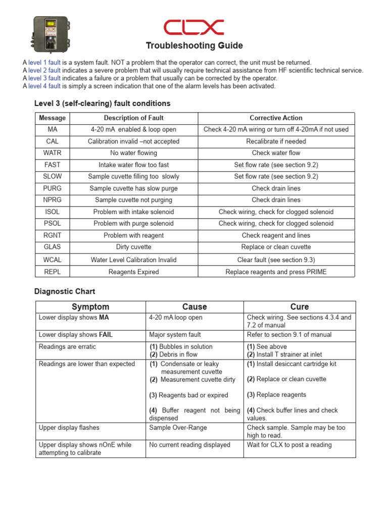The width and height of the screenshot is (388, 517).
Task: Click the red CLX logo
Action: (194, 27)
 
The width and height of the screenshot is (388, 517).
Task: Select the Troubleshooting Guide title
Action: (194, 46)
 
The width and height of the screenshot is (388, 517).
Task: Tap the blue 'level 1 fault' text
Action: (44, 63)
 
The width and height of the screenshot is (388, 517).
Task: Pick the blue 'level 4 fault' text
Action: (44, 86)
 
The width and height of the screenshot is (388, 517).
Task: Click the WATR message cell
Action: (52, 153)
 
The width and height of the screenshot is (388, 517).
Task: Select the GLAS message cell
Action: (52, 247)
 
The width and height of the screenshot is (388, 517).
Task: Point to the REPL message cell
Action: (52, 272)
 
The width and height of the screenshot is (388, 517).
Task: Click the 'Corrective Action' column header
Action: (276, 118)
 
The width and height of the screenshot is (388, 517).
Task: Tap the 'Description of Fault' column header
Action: (133, 118)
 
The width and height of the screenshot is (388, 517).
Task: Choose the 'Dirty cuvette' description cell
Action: (133, 247)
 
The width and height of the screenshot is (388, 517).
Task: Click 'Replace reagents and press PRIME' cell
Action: (276, 272)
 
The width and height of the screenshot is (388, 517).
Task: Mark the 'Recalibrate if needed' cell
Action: (276, 141)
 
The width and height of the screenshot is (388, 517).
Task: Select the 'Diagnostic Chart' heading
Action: (64, 291)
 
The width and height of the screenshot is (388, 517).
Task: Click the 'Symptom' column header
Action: (90, 307)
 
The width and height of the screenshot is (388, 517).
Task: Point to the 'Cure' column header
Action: (300, 307)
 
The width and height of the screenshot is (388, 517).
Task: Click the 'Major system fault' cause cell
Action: (175, 335)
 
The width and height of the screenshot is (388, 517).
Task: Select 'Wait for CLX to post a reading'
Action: (289, 445)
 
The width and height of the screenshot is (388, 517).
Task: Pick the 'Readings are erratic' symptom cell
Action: (67, 347)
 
